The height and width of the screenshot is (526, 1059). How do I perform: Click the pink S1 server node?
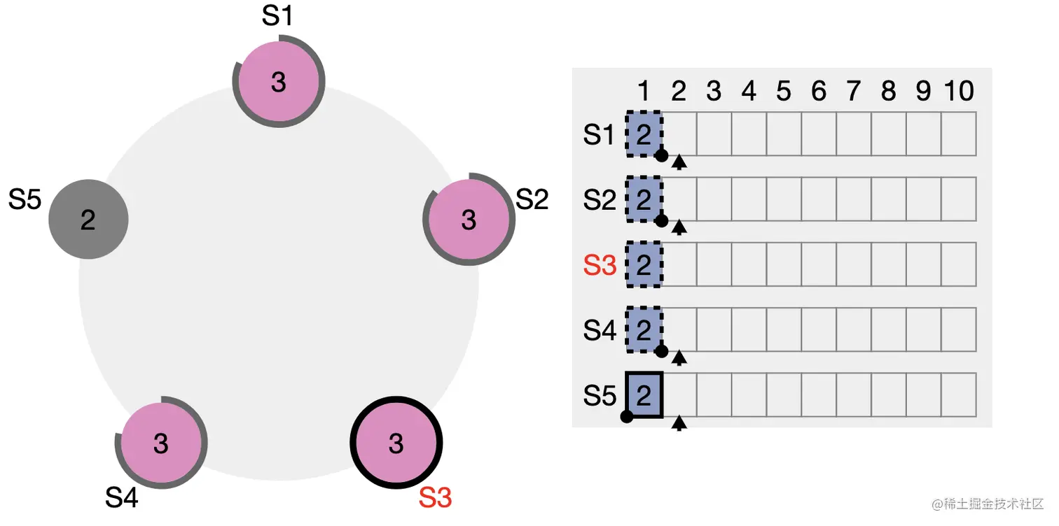(x=279, y=83)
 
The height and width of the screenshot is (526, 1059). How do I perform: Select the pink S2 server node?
(x=469, y=220)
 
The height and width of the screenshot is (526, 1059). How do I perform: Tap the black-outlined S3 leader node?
(x=396, y=443)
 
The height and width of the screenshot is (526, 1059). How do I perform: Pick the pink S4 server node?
(x=161, y=443)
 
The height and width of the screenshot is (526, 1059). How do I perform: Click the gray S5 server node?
(x=88, y=220)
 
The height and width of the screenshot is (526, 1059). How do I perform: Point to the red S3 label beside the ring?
(x=435, y=498)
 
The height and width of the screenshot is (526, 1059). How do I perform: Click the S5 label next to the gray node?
(x=25, y=200)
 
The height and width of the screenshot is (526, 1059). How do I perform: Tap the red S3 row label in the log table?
(x=600, y=265)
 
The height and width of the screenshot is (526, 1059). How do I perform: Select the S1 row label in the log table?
(x=600, y=134)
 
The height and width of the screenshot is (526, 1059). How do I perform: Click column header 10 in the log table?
(x=958, y=91)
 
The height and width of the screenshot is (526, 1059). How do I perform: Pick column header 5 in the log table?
(x=784, y=91)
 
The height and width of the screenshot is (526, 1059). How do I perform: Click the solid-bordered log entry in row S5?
(x=644, y=395)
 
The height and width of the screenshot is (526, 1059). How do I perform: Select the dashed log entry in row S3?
(x=644, y=264)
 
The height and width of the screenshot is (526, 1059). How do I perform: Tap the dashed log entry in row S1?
(x=644, y=134)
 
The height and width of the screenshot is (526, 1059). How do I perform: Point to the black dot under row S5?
(x=627, y=417)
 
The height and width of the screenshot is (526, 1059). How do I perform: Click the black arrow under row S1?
(x=679, y=163)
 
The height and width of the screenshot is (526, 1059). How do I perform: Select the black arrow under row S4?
(x=679, y=359)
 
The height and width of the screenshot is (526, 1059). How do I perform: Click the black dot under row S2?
(x=661, y=221)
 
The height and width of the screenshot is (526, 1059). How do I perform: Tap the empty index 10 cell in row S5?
(x=958, y=395)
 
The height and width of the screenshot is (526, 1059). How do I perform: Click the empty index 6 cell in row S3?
(x=819, y=264)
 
